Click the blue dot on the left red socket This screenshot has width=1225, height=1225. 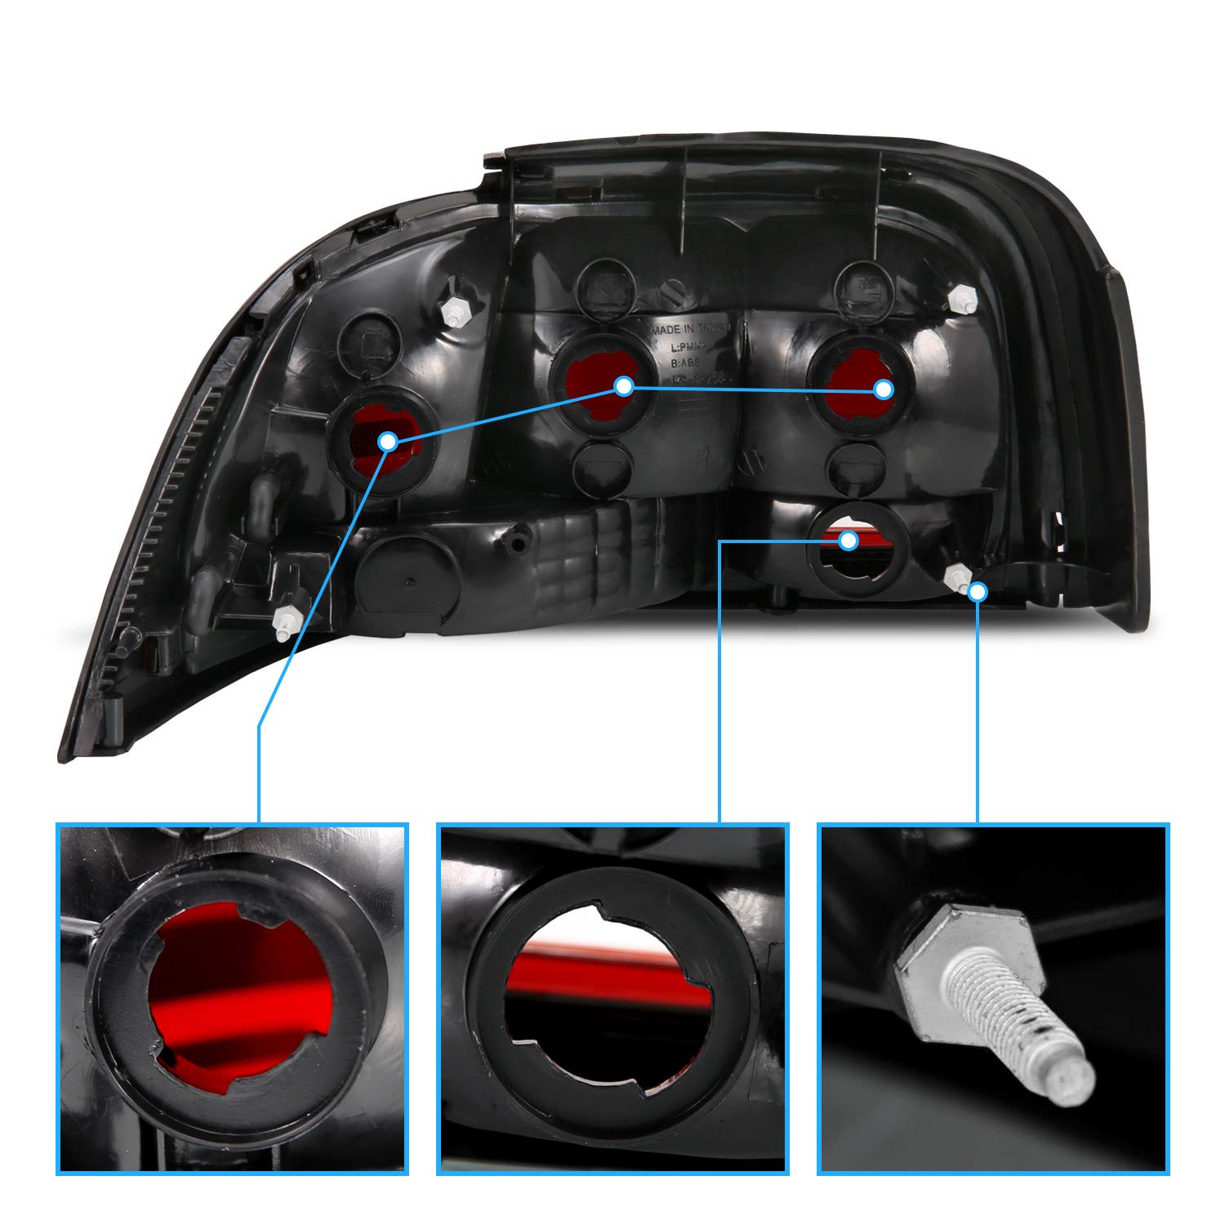coord(388,442)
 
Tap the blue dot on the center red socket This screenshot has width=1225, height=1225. coord(624,386)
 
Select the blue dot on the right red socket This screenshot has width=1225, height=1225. coord(883,390)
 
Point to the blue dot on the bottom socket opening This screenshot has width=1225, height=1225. coord(849,541)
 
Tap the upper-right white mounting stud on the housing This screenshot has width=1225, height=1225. coord(964,300)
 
